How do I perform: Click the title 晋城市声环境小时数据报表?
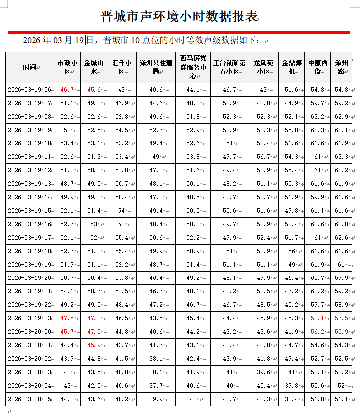[180, 17]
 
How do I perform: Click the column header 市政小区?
[67, 67]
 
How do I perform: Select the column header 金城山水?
[94, 67]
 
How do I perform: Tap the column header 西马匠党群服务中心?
[193, 67]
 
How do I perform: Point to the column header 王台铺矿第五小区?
[229, 67]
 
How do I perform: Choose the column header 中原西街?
[318, 67]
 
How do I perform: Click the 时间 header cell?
[29, 67]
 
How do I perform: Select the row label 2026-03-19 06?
[29, 90]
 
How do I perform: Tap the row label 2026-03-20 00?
[29, 331]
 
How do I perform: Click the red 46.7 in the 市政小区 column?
[67, 90]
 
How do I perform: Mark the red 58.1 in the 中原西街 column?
[318, 318]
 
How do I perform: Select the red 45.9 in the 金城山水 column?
[94, 345]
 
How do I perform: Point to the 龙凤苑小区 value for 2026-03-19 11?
[263, 157]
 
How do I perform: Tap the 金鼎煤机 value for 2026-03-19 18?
[291, 251]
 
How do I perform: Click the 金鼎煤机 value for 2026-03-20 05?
[291, 399]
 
